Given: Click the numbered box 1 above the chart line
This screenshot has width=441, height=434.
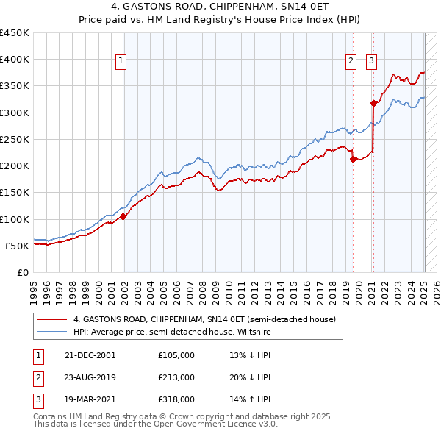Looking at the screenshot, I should click(120, 61).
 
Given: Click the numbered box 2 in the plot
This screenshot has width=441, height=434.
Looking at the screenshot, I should click(351, 61).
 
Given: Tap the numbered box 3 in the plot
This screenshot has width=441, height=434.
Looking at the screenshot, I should click(372, 61).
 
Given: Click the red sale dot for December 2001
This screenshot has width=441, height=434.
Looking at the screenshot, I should click(123, 216).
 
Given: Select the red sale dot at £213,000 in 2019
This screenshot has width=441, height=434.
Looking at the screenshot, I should click(354, 159).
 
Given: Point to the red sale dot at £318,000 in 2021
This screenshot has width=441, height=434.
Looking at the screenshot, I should click(373, 103).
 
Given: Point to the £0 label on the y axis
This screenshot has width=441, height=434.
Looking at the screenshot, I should click(22, 272).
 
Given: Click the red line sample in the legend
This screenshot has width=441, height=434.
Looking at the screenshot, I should click(53, 319).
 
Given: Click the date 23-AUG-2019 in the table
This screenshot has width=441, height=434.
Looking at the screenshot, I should click(91, 377).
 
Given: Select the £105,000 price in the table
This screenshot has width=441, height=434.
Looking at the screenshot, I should click(176, 355).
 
